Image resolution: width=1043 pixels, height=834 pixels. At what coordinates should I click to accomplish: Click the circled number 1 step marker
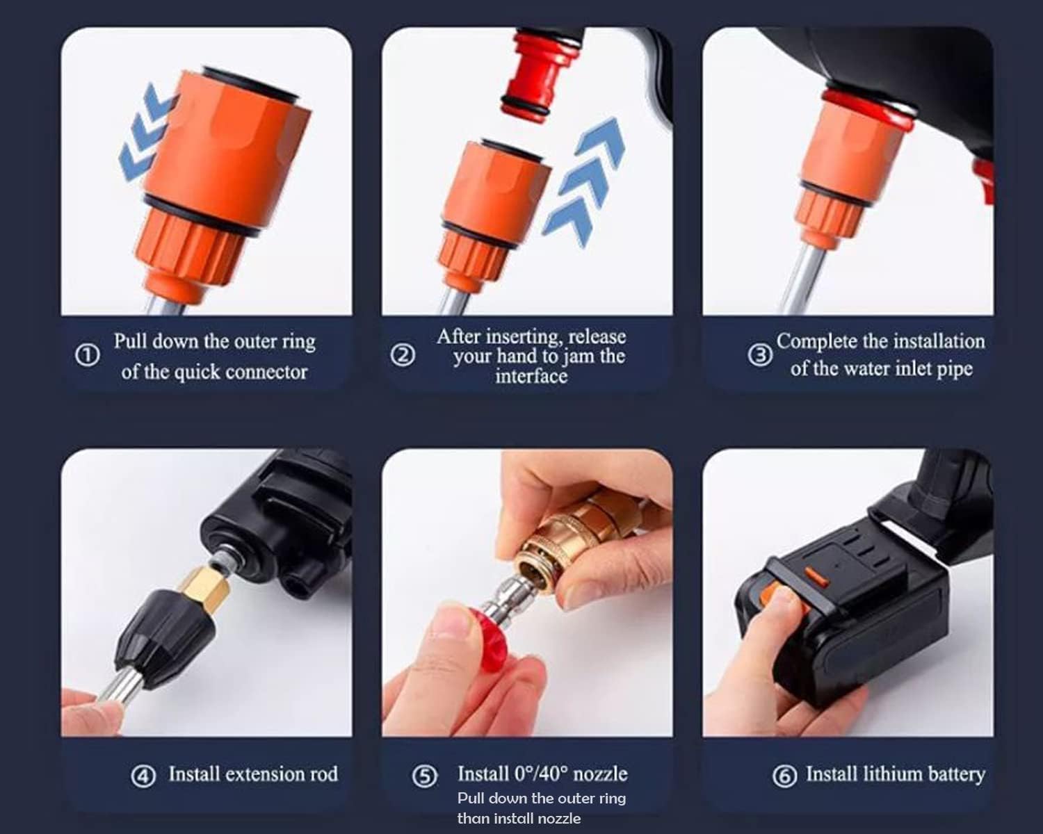tap(87, 356)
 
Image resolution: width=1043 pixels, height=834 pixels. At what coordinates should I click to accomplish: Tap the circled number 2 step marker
tap(403, 355)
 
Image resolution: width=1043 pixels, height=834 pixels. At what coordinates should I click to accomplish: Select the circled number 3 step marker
tap(760, 355)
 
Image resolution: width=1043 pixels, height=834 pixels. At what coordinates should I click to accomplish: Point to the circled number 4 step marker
tap(143, 776)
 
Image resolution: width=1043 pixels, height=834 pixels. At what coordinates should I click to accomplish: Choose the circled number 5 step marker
tap(425, 776)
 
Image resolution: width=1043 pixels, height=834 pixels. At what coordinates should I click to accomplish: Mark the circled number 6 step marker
tap(784, 776)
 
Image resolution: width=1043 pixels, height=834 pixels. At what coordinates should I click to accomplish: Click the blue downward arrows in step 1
tap(145, 132)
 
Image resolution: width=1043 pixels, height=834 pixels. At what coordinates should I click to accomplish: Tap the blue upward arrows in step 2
tap(585, 181)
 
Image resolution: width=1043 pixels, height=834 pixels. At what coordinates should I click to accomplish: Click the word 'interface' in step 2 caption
tap(531, 377)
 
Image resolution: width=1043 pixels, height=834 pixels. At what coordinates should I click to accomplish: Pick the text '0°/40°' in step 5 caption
tap(541, 774)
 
